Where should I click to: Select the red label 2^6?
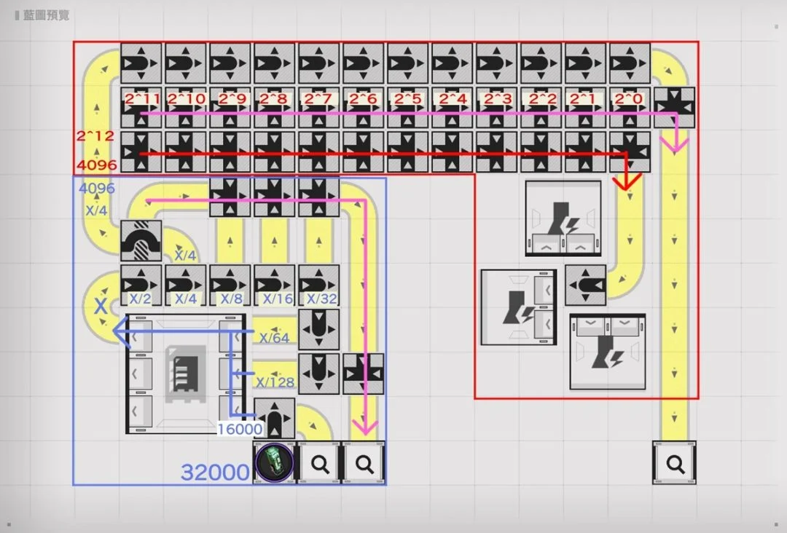tap(363, 98)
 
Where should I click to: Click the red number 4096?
tap(96, 165)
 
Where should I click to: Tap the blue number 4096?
tap(96, 188)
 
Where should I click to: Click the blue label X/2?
tap(140, 299)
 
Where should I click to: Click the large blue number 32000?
tap(215, 473)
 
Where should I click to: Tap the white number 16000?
tap(240, 430)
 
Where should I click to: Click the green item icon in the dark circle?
tap(275, 462)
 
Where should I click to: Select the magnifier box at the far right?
tap(675, 462)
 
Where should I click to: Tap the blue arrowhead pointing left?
tap(119, 333)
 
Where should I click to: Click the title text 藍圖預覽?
tap(46, 15)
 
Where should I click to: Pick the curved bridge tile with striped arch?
tap(141, 240)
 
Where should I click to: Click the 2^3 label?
tap(496, 98)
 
